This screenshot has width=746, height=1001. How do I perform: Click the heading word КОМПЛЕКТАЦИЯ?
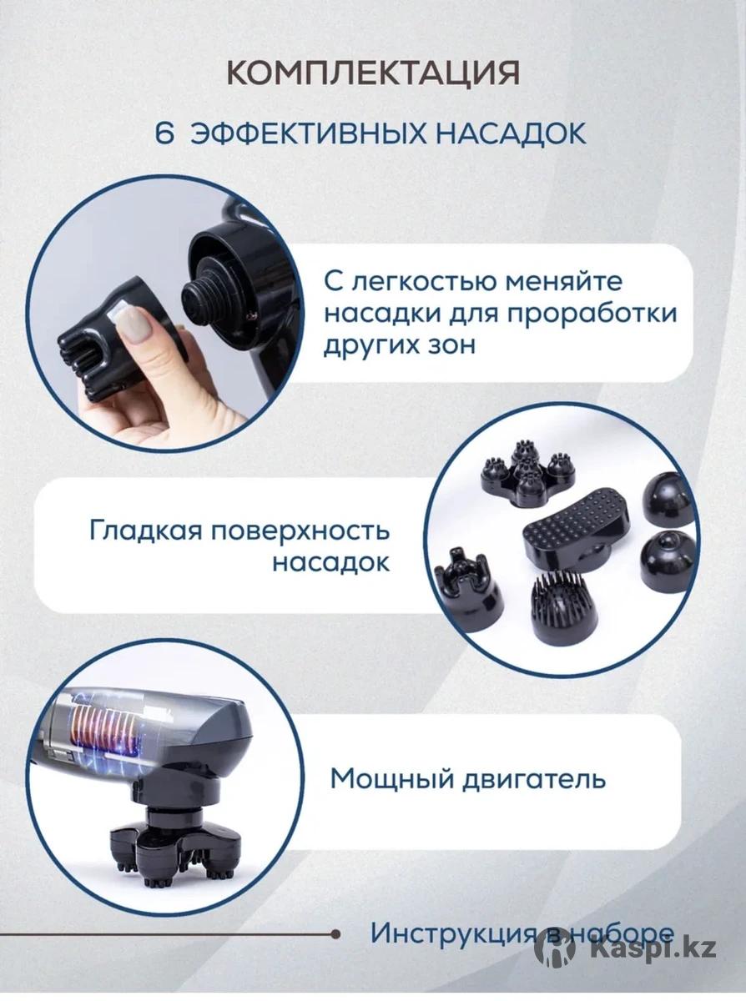(x=373, y=73)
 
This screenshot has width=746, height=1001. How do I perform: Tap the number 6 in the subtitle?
(x=164, y=133)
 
